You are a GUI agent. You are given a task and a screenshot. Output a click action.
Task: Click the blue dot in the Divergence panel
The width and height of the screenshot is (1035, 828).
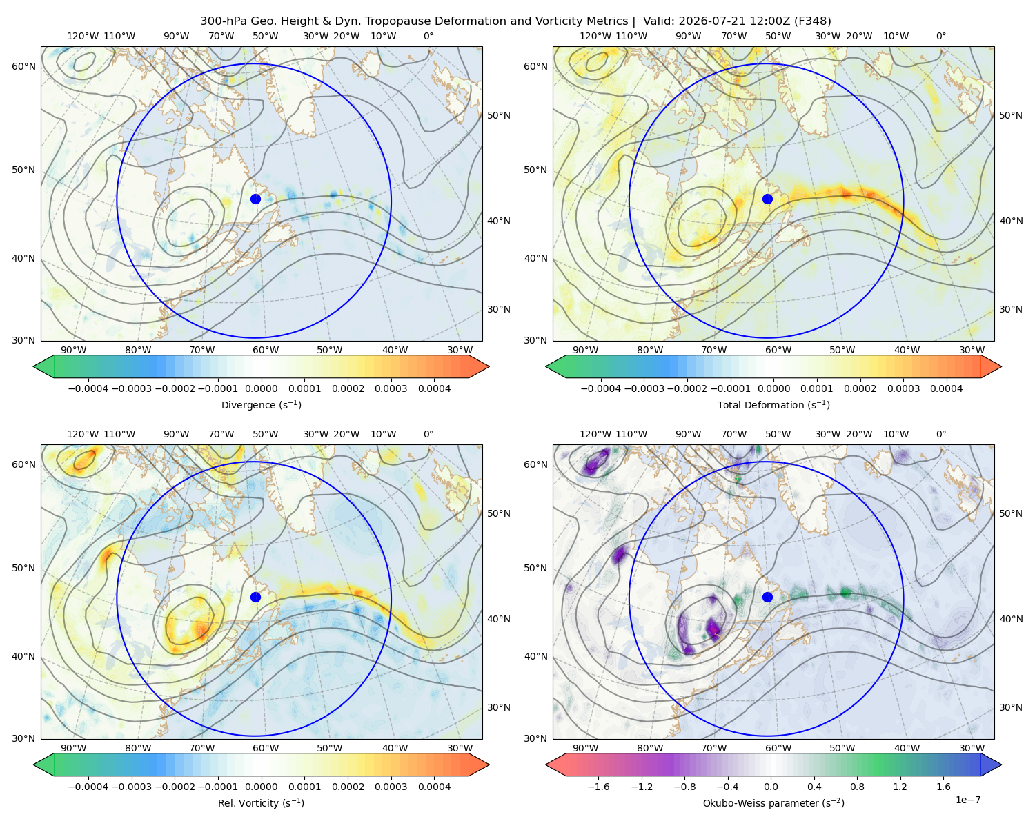click(x=255, y=199)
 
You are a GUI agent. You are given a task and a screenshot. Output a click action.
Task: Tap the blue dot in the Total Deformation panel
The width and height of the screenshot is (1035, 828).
click(x=767, y=199)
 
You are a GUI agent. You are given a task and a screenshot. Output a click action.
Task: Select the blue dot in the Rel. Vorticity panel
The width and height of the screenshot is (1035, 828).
click(x=255, y=597)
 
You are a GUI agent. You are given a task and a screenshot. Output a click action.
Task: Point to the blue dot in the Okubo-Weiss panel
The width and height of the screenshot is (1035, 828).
click(x=767, y=597)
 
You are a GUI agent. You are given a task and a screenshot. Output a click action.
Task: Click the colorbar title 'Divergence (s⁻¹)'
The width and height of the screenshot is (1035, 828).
click(x=261, y=404)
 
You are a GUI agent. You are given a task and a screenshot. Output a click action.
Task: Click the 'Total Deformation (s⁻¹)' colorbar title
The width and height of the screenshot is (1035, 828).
click(x=773, y=404)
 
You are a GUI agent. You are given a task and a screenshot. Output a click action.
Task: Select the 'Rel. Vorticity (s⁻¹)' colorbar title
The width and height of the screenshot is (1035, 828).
click(x=261, y=803)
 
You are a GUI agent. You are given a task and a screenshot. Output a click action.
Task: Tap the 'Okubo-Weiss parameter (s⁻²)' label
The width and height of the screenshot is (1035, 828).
click(x=773, y=803)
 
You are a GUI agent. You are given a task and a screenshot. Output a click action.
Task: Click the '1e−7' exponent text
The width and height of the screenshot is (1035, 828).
click(x=967, y=800)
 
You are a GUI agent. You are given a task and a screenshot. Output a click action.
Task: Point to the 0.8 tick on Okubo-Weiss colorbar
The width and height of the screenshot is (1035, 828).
click(x=857, y=787)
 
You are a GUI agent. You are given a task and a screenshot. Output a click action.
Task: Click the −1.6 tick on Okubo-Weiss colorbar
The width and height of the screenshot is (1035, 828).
click(x=598, y=787)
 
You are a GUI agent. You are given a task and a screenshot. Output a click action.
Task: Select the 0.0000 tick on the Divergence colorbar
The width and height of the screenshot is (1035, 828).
click(x=261, y=388)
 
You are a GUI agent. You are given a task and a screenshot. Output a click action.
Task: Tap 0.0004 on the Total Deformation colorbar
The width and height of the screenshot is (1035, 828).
click(x=947, y=388)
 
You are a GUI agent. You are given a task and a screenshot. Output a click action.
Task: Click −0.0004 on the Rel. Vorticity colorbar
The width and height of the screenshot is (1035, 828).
click(x=88, y=787)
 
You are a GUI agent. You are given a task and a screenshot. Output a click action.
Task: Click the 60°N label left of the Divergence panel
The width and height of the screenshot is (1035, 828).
click(x=23, y=66)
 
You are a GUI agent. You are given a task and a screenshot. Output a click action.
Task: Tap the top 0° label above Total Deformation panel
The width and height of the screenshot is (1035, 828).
click(x=940, y=36)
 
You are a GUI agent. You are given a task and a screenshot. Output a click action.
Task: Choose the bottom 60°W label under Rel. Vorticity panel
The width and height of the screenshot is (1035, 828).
click(x=266, y=748)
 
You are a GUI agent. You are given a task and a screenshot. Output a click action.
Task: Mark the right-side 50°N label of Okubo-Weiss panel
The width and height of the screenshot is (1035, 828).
click(x=1011, y=513)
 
